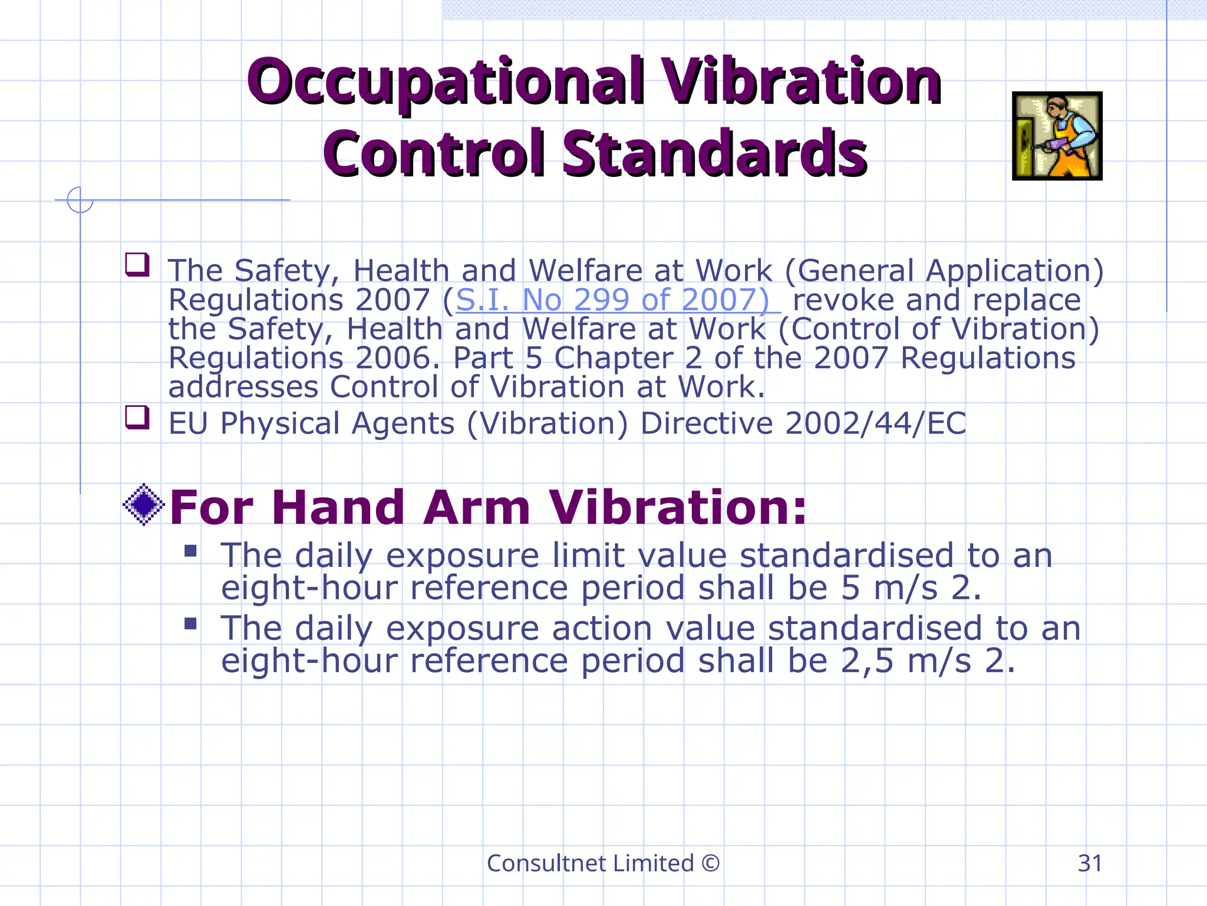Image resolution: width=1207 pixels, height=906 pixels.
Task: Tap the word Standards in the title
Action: point(714,154)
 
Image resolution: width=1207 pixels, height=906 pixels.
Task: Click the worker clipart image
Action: point(1057,136)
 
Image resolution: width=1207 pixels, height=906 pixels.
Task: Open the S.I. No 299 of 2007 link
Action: point(613,300)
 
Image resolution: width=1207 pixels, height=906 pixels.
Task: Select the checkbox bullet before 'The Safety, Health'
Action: point(137,264)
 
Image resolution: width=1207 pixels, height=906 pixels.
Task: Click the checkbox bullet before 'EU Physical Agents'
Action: point(137,417)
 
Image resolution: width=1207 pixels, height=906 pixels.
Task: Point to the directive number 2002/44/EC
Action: point(876,424)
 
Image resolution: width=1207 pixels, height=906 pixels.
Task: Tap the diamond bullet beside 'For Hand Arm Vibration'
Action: point(143,504)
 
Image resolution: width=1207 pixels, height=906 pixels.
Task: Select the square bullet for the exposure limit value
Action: point(190,551)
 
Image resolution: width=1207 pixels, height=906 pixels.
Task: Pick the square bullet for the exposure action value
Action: point(190,623)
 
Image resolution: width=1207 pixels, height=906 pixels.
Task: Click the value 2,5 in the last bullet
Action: point(867,661)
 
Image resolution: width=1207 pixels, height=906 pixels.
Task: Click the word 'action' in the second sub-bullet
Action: point(602,628)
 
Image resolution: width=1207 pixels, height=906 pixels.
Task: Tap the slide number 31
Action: point(1090,864)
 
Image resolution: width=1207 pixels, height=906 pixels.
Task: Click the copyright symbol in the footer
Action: point(711,864)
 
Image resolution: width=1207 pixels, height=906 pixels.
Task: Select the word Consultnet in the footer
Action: point(545,864)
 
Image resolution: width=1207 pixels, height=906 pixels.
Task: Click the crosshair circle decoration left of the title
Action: point(80,200)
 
